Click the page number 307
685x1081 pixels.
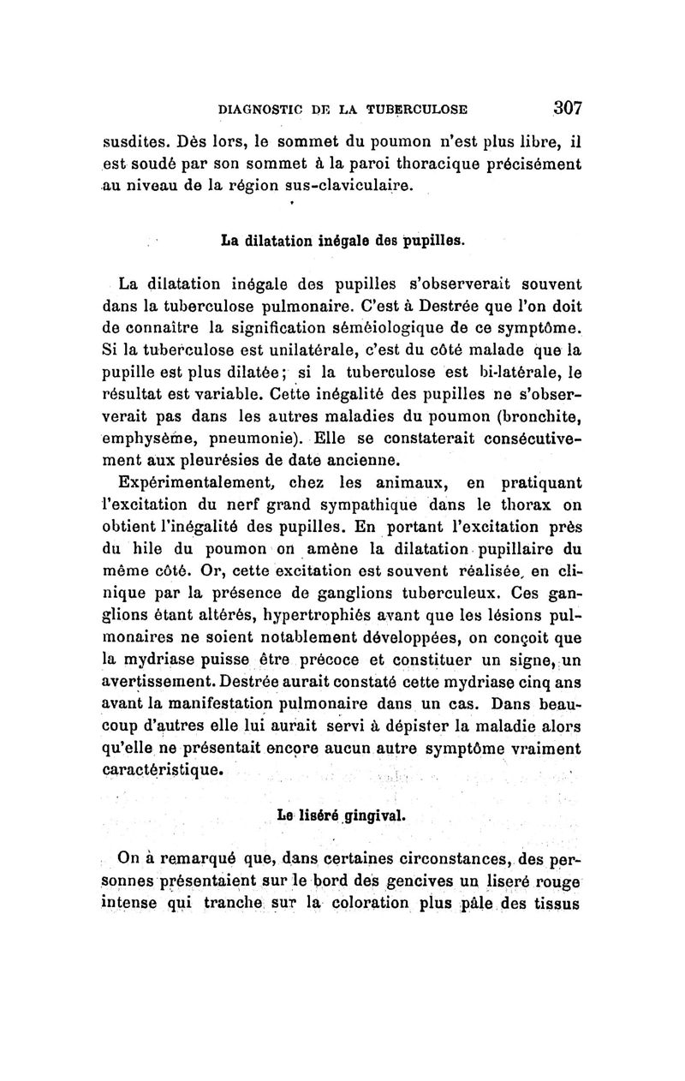tap(567, 108)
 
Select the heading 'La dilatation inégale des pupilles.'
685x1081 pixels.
tap(342, 240)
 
